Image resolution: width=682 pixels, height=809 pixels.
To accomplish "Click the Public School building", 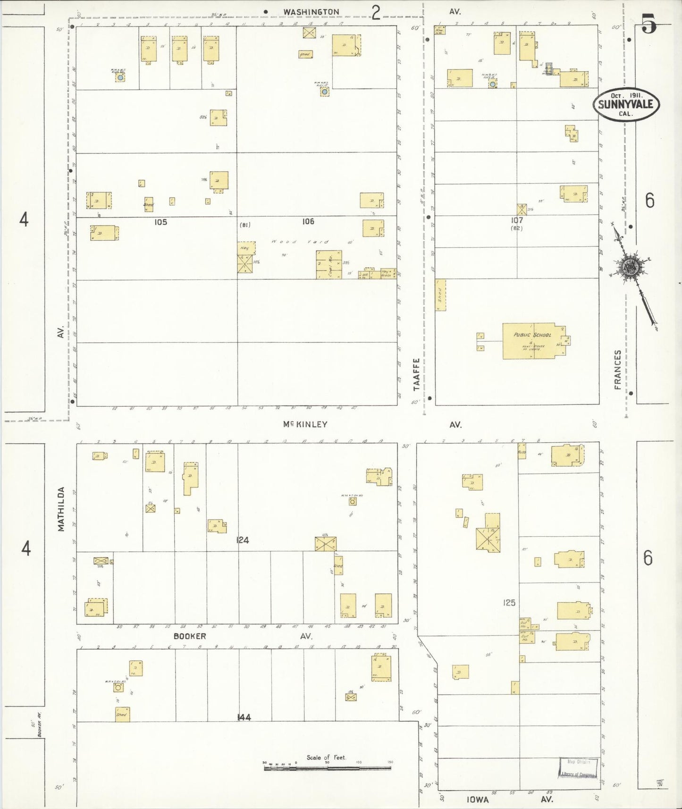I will click(533, 341).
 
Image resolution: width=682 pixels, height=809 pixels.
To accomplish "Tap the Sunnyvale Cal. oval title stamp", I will click(626, 105).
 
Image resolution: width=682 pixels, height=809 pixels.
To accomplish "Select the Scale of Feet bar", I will click(327, 768).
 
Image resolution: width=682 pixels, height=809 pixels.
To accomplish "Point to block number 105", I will click(160, 222).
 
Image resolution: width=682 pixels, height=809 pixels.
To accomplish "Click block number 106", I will click(308, 221).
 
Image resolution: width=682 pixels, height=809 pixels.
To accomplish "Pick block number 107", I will click(517, 220).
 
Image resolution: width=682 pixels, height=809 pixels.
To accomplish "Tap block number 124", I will click(243, 540).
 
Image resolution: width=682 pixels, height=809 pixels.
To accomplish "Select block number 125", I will click(509, 603).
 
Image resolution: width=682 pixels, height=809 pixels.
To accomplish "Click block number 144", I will click(244, 717).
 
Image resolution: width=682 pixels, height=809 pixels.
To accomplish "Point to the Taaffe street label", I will click(416, 374).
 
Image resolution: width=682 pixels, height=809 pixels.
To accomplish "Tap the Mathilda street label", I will click(61, 509).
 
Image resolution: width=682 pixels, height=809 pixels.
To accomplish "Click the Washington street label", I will click(311, 12).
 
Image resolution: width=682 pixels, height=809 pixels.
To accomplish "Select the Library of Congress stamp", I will click(579, 768).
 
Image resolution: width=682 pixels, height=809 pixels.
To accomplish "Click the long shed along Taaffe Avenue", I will click(440, 295).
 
